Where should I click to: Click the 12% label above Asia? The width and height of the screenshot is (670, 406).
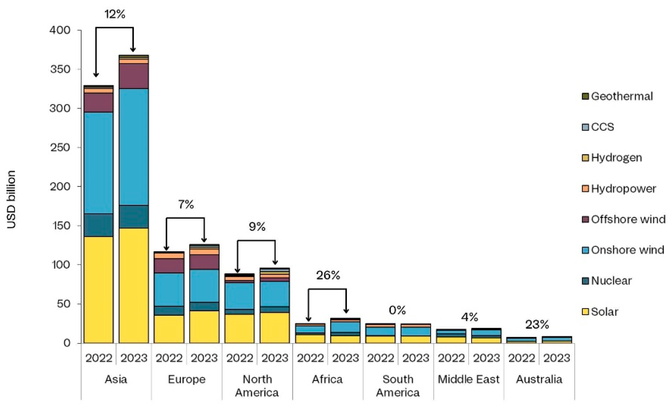(115, 14)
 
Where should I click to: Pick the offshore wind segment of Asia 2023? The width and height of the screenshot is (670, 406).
(134, 76)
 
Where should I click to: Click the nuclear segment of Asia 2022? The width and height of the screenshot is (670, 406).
(98, 225)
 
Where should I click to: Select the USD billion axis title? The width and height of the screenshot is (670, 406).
(11, 199)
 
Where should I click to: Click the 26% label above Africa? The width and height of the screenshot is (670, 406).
(328, 275)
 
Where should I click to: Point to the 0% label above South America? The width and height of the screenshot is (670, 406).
(397, 310)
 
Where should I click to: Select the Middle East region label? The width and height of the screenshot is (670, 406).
(469, 379)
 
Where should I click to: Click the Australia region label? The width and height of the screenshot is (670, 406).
(539, 379)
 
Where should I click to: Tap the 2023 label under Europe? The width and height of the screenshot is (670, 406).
(204, 358)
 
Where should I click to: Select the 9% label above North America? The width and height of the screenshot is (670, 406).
(257, 226)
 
